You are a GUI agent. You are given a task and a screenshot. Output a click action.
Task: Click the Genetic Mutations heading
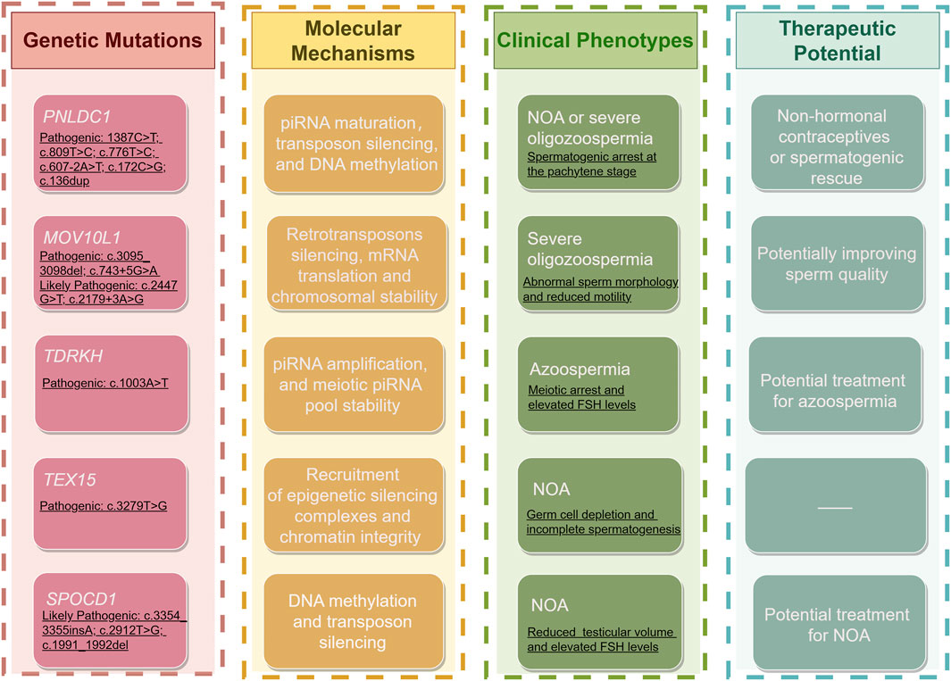coord(113,40)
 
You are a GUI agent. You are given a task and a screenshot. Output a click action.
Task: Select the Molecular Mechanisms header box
coord(354,41)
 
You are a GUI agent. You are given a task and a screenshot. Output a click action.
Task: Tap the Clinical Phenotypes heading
coord(595,41)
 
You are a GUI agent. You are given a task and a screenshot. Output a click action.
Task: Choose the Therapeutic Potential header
coord(837,40)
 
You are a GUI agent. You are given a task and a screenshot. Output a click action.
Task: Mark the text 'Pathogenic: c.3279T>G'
coord(104,506)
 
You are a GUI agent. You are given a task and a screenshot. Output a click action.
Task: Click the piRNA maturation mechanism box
coord(355,143)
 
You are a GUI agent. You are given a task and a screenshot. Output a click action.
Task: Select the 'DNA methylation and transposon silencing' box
coord(355,621)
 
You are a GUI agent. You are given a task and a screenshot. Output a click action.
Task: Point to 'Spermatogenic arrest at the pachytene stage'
coord(594,164)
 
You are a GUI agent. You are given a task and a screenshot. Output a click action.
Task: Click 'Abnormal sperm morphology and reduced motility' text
coord(600,289)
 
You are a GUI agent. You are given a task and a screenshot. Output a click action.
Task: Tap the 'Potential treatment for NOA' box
coord(837,625)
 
